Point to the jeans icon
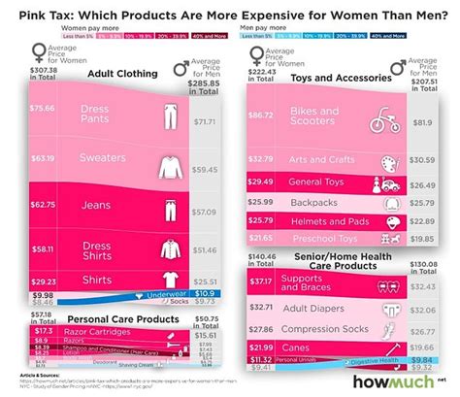(x=169, y=209)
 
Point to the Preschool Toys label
(x=326, y=237)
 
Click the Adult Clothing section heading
(x=125, y=72)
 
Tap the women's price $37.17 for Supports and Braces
(x=260, y=282)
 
